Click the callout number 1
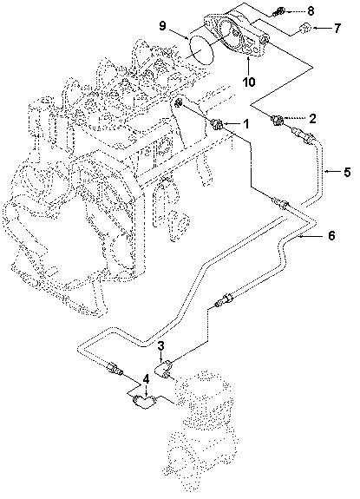245,125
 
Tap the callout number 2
313,117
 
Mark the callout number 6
330,235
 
